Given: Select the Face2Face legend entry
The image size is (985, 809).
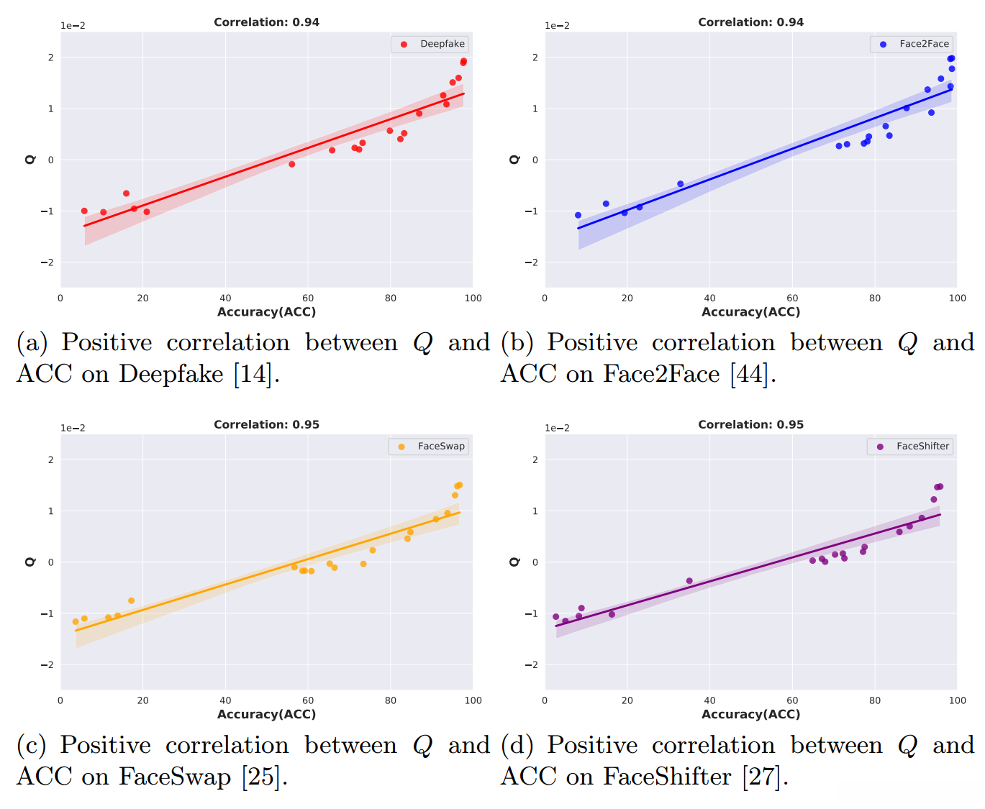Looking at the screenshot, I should click(x=915, y=44).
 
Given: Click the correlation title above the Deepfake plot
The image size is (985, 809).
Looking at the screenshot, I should click(x=266, y=22).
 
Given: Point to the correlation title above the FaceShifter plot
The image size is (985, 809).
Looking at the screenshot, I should click(x=750, y=425).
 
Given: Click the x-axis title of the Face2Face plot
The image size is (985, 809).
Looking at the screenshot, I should click(x=750, y=312).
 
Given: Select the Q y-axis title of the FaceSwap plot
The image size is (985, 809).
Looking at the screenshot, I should click(x=30, y=562).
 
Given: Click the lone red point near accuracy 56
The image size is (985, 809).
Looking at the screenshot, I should click(x=292, y=164).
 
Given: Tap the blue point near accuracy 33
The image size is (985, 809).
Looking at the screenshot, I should click(x=681, y=184).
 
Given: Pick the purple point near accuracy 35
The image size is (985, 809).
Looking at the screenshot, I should click(x=689, y=581).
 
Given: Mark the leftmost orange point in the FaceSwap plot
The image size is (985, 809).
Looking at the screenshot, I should click(x=76, y=622).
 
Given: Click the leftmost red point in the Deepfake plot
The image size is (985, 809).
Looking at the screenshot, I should click(x=84, y=211).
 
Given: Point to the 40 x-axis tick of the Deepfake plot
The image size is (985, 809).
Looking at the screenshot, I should click(x=225, y=298).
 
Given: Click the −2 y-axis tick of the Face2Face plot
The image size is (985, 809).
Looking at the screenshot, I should click(x=535, y=262).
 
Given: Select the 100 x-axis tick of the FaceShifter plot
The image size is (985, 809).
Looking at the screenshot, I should click(x=957, y=700).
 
